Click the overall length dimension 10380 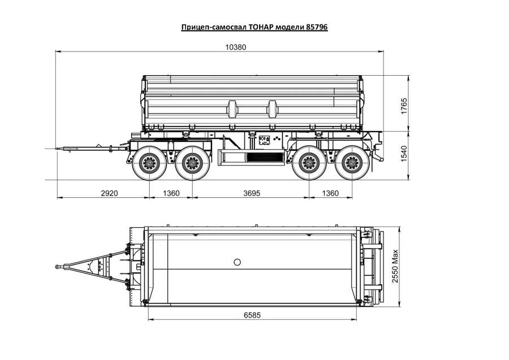pyautogui.click(x=235, y=47)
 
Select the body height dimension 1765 pyautogui.click(x=403, y=106)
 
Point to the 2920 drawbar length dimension pyautogui.click(x=109, y=193)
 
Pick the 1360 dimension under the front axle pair pyautogui.click(x=171, y=193)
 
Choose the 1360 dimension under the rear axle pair pyautogui.click(x=330, y=193)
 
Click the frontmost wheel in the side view pyautogui.click(x=149, y=163)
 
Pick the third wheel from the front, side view pyautogui.click(x=309, y=163)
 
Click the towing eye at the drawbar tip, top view pyautogui.click(x=59, y=266)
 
